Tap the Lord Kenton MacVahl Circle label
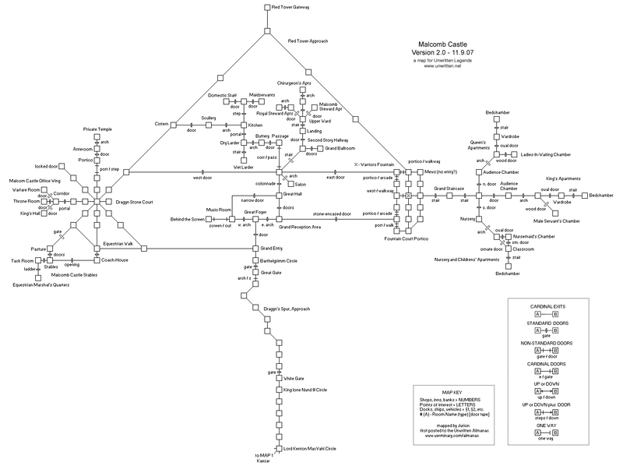[x=309, y=448]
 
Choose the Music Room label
[x=219, y=210]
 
